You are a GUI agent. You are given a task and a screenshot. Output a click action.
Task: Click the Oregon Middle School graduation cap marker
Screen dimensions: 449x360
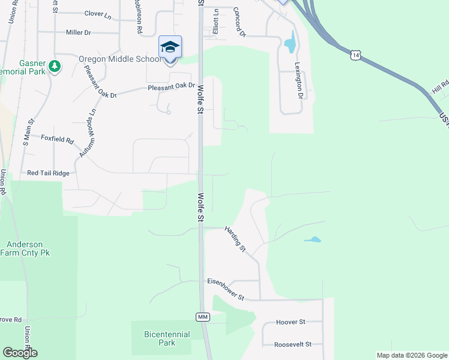click(170, 47)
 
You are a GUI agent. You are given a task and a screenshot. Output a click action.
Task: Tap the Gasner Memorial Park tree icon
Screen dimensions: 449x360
click(55, 65)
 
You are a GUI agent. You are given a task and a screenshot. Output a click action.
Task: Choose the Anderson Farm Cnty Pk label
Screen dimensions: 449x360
click(28, 248)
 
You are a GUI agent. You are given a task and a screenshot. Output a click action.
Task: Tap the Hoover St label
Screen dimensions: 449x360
click(291, 322)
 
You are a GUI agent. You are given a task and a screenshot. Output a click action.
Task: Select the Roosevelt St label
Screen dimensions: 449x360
click(293, 344)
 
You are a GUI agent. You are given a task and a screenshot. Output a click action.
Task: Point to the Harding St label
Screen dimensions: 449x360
click(235, 238)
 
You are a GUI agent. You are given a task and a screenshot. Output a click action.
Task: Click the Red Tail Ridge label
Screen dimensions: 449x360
click(49, 173)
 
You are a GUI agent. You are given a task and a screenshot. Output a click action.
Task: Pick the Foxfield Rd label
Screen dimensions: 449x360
click(57, 141)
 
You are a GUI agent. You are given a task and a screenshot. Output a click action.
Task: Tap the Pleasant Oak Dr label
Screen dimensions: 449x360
click(172, 88)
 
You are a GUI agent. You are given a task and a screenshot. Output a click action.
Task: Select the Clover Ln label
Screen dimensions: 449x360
click(98, 13)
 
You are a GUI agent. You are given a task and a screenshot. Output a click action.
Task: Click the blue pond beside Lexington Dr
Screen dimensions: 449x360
click(290, 42)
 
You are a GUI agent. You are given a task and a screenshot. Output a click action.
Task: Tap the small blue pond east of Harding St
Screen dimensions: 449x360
click(312, 240)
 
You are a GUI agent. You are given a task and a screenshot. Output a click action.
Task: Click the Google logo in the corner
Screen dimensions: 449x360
click(20, 352)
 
